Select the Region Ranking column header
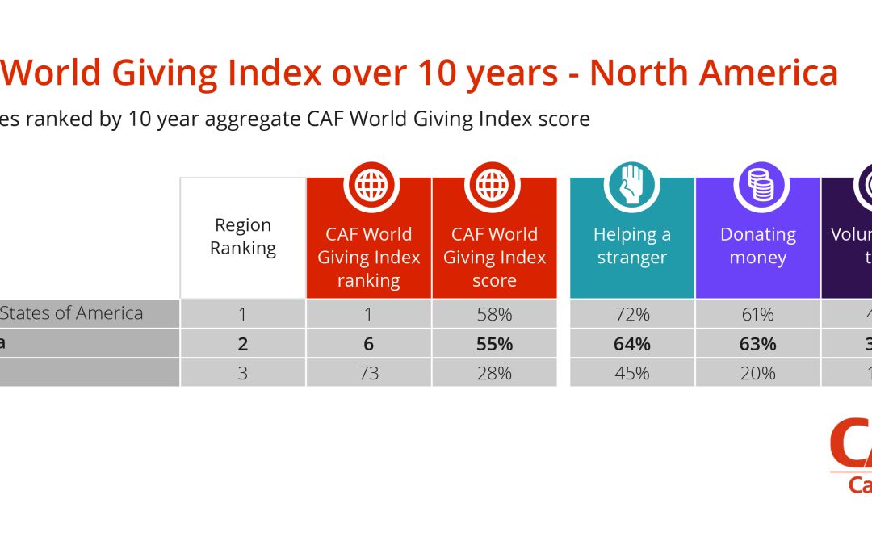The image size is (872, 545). tap(242, 237)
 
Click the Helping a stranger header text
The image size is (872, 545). tap(631, 246)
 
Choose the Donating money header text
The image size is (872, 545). tap(757, 246)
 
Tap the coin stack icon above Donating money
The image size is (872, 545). tap(757, 185)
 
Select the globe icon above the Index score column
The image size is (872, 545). tap(493, 185)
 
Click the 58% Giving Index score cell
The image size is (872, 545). tap(494, 314)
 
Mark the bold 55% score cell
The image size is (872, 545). tap(494, 344)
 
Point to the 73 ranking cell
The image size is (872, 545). tap(368, 373)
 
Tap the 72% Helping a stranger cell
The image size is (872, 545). tap(631, 314)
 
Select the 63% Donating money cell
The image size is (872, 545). tap(757, 344)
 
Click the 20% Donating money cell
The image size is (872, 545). tap(757, 373)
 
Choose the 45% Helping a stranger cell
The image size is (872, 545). tap(631, 373)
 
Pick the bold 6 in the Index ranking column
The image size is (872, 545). tap(368, 344)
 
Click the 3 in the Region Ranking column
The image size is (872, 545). tap(242, 373)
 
